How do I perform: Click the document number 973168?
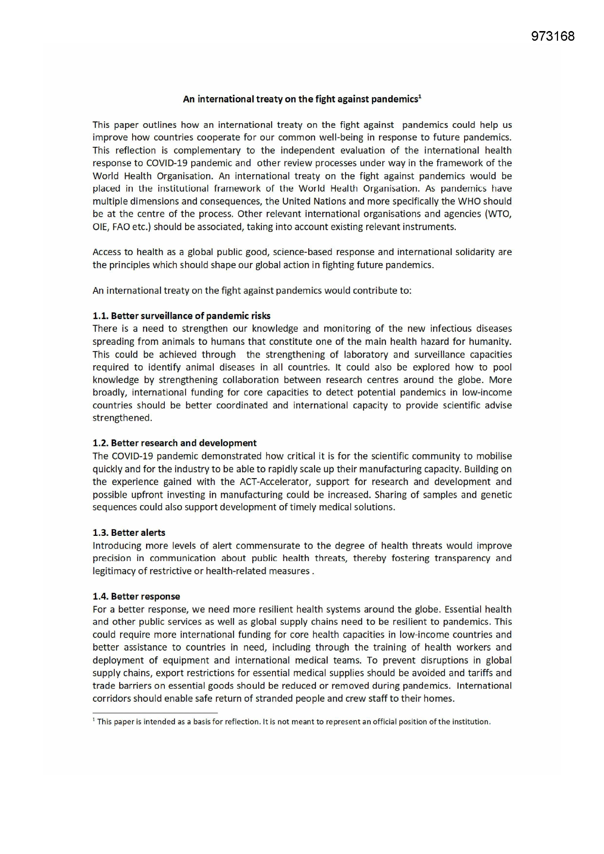coord(552,36)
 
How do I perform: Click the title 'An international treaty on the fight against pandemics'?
coord(301,99)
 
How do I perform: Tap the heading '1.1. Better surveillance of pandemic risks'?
coord(181,316)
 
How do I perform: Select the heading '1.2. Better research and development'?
coord(175,443)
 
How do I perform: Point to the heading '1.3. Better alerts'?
coord(129,533)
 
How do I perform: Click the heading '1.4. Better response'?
coord(136,596)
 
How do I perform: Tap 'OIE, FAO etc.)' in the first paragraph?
coord(122,227)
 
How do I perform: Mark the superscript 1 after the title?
coord(420,96)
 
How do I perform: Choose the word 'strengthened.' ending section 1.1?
coord(122,418)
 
